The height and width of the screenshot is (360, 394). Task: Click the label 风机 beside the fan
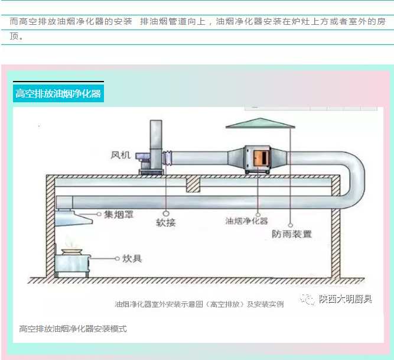pos(121,155)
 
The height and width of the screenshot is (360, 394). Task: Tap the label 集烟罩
pos(119,215)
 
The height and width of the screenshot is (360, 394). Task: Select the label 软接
pos(166,223)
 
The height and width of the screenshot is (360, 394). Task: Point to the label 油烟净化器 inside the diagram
pos(246,220)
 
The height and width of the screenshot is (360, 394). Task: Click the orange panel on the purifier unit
pos(260,158)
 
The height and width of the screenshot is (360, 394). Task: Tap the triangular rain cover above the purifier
pos(259,123)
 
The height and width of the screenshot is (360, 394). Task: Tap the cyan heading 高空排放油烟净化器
pos(58,94)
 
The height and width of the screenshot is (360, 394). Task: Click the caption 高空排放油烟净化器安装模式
pos(73,329)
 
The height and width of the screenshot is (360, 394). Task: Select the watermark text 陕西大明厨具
pos(346,299)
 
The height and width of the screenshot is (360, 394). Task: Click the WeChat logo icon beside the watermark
pos(308,300)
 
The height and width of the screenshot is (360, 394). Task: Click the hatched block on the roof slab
pos(193,184)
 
